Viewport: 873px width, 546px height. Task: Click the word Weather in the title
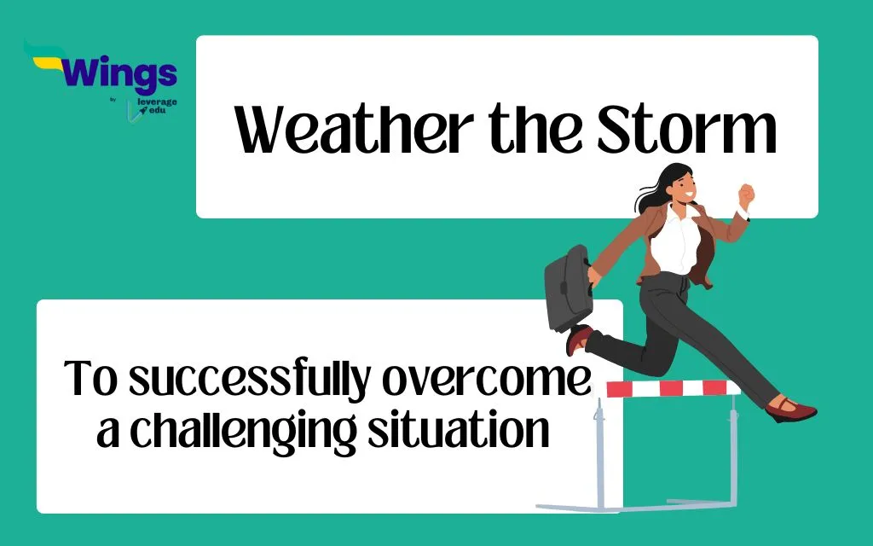tap(354, 129)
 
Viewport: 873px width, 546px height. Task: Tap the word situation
tap(458, 428)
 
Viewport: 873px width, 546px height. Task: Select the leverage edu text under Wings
tap(157, 106)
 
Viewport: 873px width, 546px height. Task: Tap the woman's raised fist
tap(745, 195)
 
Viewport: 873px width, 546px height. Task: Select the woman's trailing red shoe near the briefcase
tap(578, 339)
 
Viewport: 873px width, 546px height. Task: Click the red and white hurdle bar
tap(674, 388)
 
